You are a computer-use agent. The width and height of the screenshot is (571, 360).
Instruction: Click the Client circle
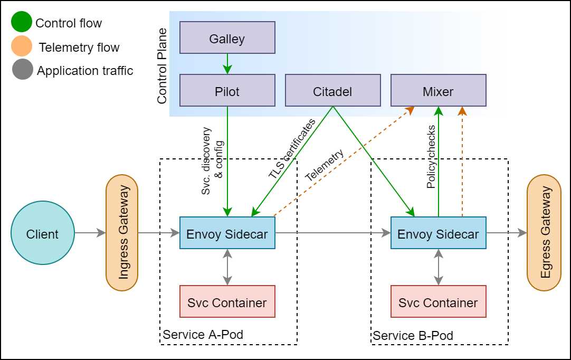point(43,233)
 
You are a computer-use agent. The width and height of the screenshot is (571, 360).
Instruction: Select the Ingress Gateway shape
point(122,233)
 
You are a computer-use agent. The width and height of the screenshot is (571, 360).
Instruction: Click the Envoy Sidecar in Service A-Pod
point(227,233)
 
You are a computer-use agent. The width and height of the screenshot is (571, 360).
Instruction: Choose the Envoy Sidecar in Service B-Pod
point(438,233)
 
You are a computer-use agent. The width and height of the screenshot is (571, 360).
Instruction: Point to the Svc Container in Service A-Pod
point(227,301)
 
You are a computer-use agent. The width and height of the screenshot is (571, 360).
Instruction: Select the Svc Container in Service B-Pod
point(438,301)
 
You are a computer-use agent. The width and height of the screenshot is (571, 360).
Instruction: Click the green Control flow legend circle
point(22,22)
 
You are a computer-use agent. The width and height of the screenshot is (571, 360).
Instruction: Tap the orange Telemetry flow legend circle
point(22,46)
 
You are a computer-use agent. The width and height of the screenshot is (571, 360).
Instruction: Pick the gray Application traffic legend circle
point(22,70)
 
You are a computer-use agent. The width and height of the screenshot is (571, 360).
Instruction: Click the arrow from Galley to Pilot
point(227,64)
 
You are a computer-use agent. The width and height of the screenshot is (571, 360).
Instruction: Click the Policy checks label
point(431,157)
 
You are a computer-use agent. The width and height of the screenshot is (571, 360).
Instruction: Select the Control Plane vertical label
point(162,66)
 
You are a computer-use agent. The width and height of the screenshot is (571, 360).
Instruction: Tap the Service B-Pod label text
point(413,336)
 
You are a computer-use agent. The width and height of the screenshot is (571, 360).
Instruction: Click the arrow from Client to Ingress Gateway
point(90,233)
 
